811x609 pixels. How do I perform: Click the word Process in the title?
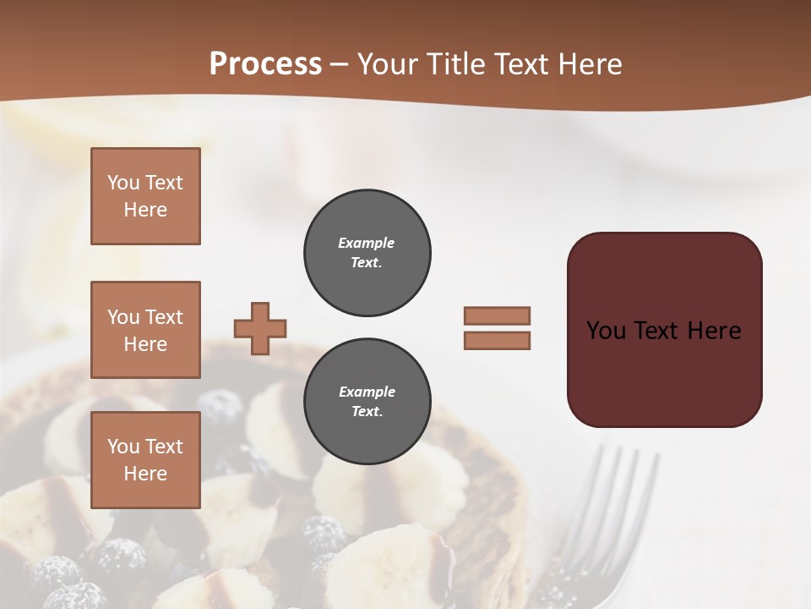[x=265, y=64]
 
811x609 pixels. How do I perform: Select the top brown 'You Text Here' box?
[x=145, y=196]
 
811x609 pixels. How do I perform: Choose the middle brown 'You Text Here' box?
[x=145, y=330]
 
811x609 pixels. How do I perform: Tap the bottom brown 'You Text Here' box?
[x=145, y=460]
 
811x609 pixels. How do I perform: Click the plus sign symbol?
[x=260, y=328]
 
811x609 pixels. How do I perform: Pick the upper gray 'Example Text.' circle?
[x=367, y=253]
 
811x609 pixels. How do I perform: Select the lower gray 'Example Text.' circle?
[x=367, y=402]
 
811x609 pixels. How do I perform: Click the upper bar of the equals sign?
[x=497, y=315]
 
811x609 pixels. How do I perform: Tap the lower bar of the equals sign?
[x=497, y=341]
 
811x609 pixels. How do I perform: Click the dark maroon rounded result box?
[x=664, y=372]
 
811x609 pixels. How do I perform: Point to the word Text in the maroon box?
[x=664, y=331]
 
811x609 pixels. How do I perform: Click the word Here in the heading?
[x=589, y=64]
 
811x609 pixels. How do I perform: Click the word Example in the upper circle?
[x=367, y=243]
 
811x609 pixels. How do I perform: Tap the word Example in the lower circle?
[x=367, y=392]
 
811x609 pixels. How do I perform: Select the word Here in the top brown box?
[x=145, y=210]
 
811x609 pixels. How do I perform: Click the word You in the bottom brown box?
[x=123, y=447]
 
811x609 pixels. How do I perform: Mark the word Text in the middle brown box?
[x=163, y=317]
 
